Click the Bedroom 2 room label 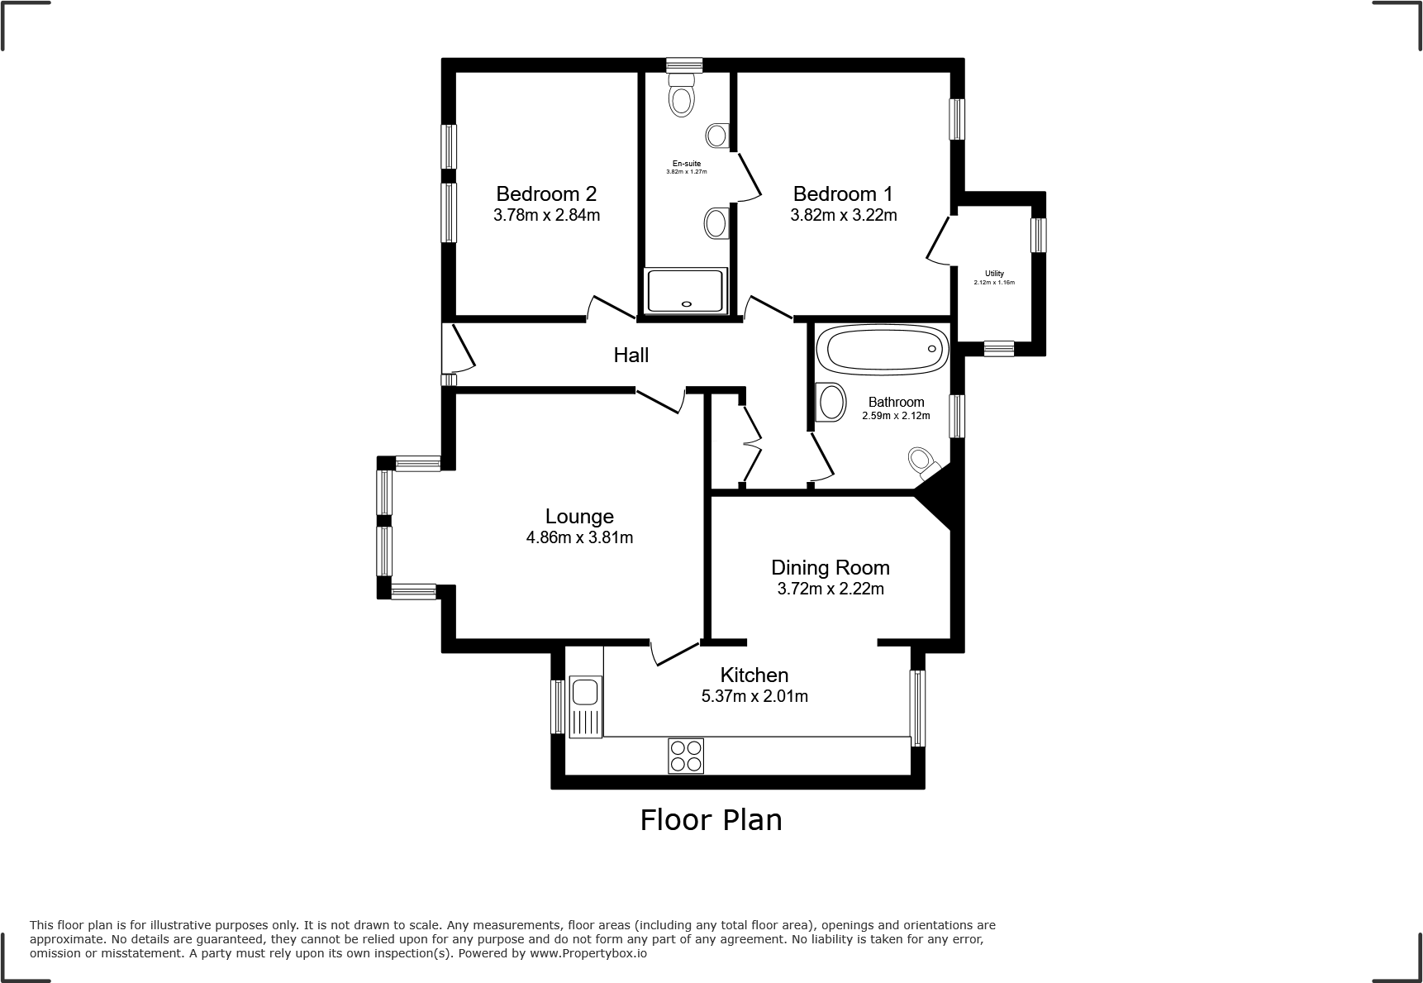click(545, 194)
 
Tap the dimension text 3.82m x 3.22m click(843, 216)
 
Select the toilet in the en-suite click(682, 95)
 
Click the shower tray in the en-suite click(686, 290)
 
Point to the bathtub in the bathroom click(881, 349)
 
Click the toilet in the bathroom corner click(922, 462)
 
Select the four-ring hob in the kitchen click(686, 756)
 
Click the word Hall click(631, 356)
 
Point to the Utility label click(994, 274)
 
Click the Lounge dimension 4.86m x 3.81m click(579, 538)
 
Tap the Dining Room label click(830, 568)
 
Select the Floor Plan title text click(711, 820)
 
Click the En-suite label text click(686, 164)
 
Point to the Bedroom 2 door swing click(610, 308)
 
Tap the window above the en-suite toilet click(684, 64)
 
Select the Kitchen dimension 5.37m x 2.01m click(754, 697)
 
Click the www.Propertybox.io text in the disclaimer click(588, 953)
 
